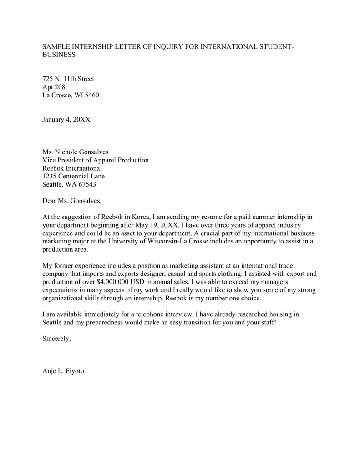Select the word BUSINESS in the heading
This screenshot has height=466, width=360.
[59, 55]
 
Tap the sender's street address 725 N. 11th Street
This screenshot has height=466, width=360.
[68, 79]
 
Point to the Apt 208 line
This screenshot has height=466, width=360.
[54, 87]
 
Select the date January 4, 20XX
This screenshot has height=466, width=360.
[66, 120]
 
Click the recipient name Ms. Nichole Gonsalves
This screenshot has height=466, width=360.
[76, 152]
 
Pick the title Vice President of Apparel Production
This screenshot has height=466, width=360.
[96, 160]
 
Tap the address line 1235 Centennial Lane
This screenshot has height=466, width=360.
[73, 177]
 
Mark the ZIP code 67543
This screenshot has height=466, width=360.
[86, 185]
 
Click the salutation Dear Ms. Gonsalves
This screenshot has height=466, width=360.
[72, 201]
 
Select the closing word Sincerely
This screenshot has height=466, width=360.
[56, 339]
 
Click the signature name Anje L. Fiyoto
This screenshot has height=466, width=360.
[63, 371]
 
